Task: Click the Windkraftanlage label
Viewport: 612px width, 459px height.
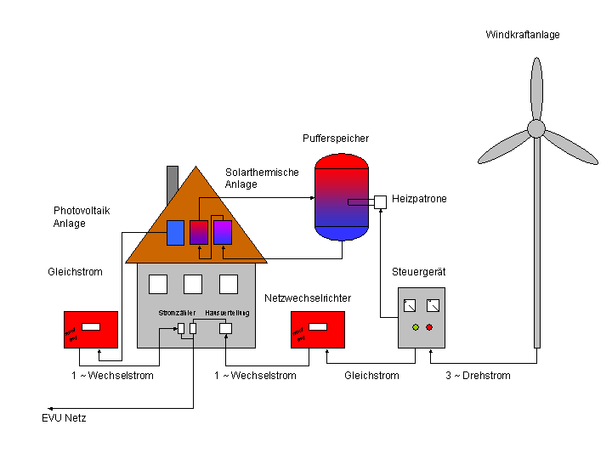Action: click(x=523, y=35)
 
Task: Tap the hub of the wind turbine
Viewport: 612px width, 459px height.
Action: click(x=535, y=128)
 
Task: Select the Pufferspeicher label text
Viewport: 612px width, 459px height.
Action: click(x=336, y=138)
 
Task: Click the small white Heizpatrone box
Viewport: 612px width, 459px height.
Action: click(x=380, y=201)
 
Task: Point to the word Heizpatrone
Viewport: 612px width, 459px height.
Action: click(x=419, y=199)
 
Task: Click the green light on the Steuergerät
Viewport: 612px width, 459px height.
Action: click(x=415, y=327)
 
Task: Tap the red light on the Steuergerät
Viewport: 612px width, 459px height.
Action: click(x=429, y=327)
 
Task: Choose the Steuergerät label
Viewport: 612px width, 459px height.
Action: click(x=419, y=272)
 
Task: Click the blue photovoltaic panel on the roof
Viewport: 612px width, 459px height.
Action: click(x=175, y=232)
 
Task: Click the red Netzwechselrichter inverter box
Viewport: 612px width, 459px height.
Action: click(x=318, y=330)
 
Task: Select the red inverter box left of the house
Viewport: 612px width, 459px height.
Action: click(x=91, y=330)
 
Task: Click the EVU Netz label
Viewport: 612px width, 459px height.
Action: click(x=64, y=418)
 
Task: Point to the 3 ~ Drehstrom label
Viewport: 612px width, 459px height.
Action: click(x=478, y=375)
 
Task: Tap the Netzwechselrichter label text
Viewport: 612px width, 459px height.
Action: click(x=308, y=298)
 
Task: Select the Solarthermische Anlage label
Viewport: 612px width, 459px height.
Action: click(x=262, y=178)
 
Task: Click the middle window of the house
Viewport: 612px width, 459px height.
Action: click(x=193, y=284)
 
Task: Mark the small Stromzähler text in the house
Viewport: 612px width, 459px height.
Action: click(x=175, y=313)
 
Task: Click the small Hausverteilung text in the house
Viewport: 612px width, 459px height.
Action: click(x=227, y=313)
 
